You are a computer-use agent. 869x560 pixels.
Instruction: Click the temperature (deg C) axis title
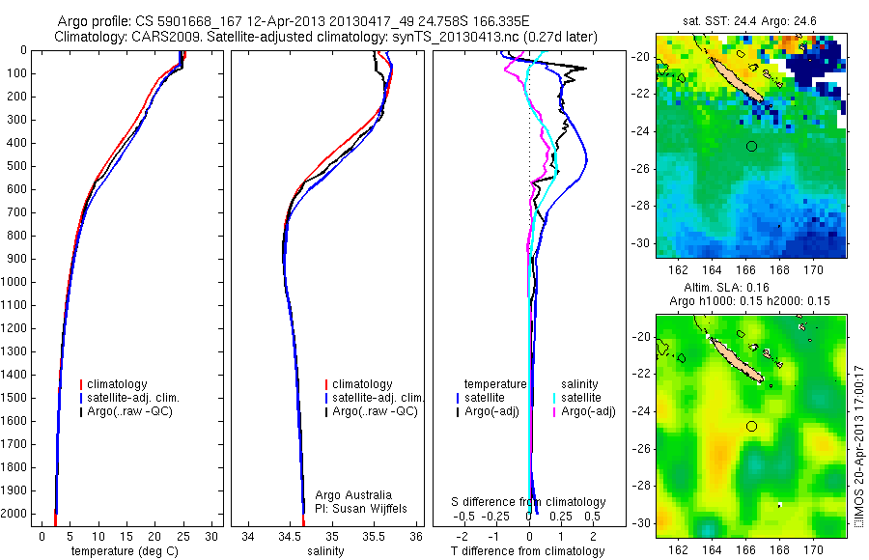121,550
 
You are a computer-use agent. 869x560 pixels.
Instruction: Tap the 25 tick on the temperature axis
182,535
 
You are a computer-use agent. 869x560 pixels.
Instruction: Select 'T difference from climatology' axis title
527,550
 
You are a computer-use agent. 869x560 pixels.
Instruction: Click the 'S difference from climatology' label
529,502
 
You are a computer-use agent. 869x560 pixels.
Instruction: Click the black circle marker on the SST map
752,146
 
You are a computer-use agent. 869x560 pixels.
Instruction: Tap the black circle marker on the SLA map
752,426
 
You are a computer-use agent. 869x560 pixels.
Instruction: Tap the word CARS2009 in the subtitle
164,37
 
